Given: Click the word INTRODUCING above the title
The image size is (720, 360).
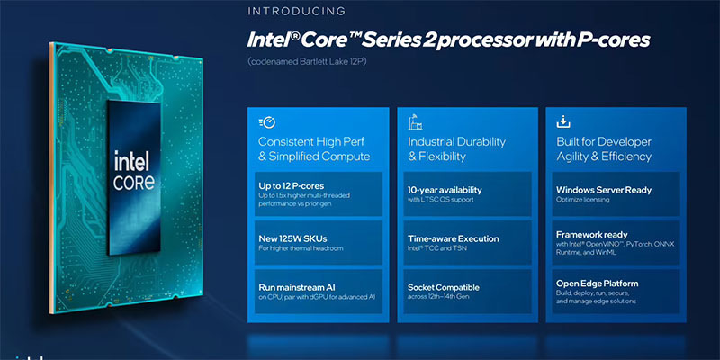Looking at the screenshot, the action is pos(297,11).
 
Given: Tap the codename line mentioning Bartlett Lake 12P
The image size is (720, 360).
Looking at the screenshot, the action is pos(307,62).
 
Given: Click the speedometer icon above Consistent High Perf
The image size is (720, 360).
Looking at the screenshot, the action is pos(267,122).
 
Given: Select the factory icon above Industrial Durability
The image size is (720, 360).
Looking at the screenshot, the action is pos(415,122).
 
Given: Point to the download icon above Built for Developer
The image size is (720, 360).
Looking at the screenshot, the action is pos(563,122).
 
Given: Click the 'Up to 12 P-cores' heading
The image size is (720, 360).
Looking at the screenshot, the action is pos(291,186).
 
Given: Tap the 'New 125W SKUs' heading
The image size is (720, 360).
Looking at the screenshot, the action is pos(292,238).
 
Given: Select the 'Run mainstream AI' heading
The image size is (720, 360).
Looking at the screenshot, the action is pos(297,287).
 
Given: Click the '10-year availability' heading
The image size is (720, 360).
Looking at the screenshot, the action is pos(445,190).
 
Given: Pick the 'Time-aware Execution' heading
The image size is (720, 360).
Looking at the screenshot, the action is pos(454,238).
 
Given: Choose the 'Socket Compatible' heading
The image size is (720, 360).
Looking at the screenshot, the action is pos(444,287).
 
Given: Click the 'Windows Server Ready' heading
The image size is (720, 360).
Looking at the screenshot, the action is pos(604,190).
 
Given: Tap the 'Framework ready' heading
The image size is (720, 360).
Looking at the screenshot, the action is pos(592,235).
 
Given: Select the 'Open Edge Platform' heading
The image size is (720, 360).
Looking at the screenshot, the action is pos(597,283).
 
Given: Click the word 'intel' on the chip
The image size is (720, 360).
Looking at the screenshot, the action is pos(134,161).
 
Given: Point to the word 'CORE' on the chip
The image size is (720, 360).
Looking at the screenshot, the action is pos(133,183).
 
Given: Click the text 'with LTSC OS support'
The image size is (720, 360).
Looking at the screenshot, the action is pos(440,200).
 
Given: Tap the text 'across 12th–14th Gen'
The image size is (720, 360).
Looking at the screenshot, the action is pos(437,297).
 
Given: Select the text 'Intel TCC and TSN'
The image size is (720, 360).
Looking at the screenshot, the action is pos(435,248).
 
